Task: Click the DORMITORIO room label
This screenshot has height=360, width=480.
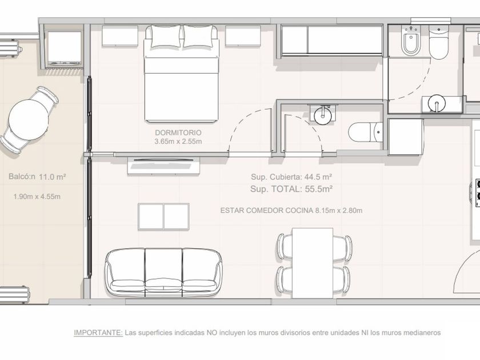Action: [178, 133]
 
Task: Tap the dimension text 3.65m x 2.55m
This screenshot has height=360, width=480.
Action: [178, 142]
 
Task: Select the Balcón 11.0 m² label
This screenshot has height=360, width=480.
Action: [37, 177]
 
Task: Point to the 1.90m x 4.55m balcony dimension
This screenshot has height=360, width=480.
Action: [37, 197]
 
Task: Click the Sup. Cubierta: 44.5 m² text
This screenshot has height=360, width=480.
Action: [292, 177]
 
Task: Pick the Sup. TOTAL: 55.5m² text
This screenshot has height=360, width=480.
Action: [291, 189]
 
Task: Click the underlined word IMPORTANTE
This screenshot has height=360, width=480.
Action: [98, 333]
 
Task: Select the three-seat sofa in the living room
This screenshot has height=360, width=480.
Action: [164, 272]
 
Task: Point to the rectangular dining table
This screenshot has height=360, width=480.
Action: [313, 263]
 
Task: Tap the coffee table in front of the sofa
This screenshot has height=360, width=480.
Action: [164, 217]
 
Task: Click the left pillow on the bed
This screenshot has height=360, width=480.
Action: [166, 37]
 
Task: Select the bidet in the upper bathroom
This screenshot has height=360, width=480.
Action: [411, 41]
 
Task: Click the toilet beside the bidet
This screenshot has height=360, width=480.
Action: [438, 42]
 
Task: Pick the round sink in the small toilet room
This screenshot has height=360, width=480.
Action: [323, 115]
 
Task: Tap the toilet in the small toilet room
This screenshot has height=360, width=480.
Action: [366, 132]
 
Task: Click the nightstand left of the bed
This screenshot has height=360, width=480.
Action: [120, 36]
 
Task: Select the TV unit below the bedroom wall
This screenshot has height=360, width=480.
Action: [164, 166]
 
